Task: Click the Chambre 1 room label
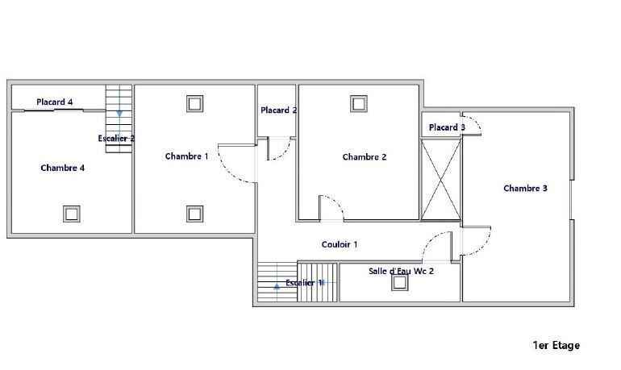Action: (186, 156)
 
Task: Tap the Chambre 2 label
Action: (365, 157)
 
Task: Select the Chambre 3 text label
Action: (525, 189)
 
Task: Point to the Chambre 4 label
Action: (63, 168)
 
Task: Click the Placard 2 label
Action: (279, 110)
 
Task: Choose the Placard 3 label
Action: (447, 127)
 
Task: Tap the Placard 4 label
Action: (55, 102)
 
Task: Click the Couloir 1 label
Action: (340, 244)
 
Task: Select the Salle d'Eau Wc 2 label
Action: (401, 271)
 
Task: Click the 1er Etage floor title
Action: (556, 346)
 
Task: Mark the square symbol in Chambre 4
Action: (72, 214)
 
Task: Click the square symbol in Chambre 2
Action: (359, 104)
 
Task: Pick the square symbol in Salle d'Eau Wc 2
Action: (399, 283)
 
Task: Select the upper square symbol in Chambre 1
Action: (195, 104)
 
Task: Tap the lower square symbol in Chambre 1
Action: (195, 214)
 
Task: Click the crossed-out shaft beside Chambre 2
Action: (441, 179)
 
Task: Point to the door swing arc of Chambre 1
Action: (229, 173)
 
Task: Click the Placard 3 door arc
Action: (477, 122)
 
